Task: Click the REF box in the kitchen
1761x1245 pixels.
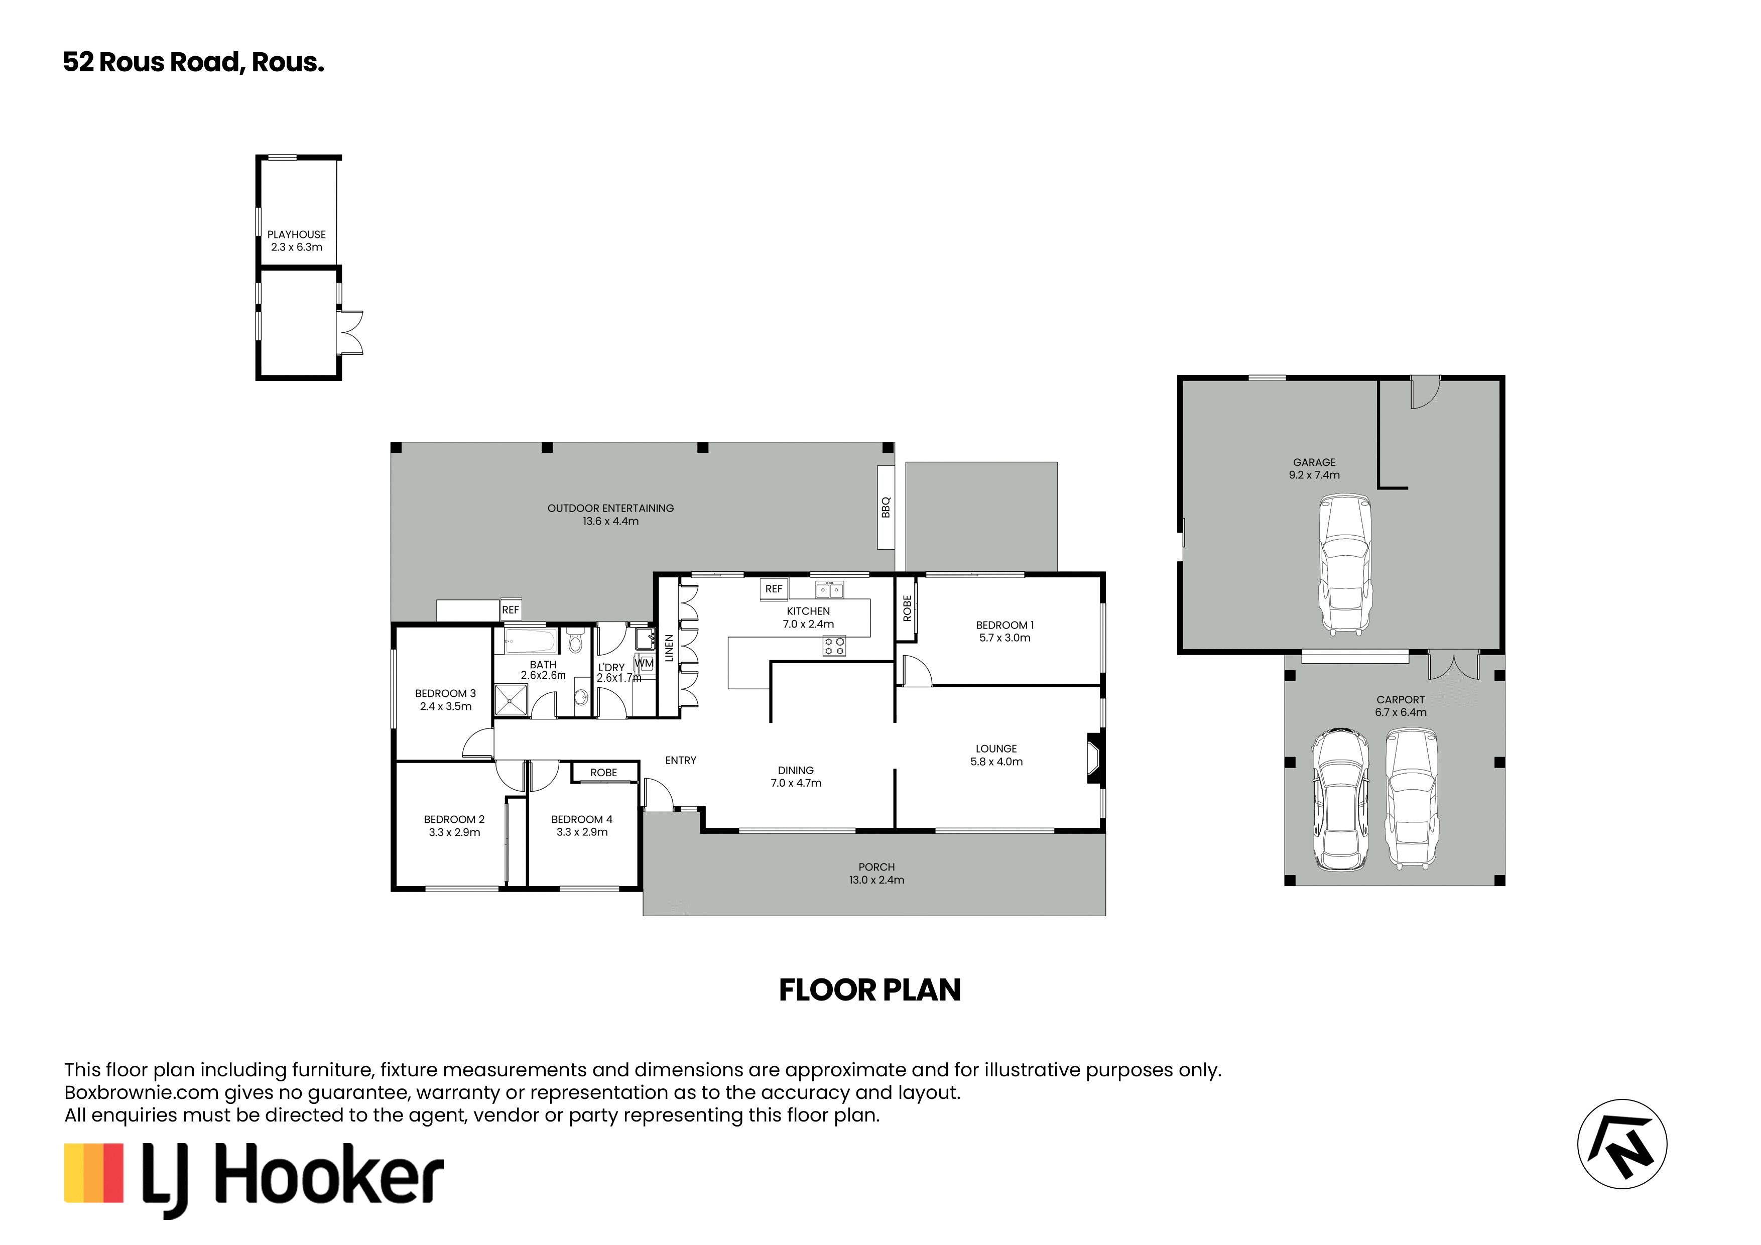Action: [x=774, y=589]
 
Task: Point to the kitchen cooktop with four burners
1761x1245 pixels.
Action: [x=834, y=646]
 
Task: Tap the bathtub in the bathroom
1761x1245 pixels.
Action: [x=530, y=641]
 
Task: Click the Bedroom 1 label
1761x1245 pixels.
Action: [x=1005, y=625]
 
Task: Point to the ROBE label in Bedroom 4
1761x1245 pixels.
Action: [x=603, y=773]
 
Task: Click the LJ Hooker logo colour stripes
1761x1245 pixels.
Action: [x=93, y=1173]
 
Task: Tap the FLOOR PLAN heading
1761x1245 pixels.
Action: [x=870, y=990]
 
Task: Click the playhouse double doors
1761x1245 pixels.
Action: [x=350, y=332]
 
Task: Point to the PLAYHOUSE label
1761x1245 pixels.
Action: [x=297, y=235]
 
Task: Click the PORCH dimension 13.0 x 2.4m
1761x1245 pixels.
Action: [x=876, y=880]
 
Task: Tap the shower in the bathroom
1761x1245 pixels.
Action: [x=511, y=700]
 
